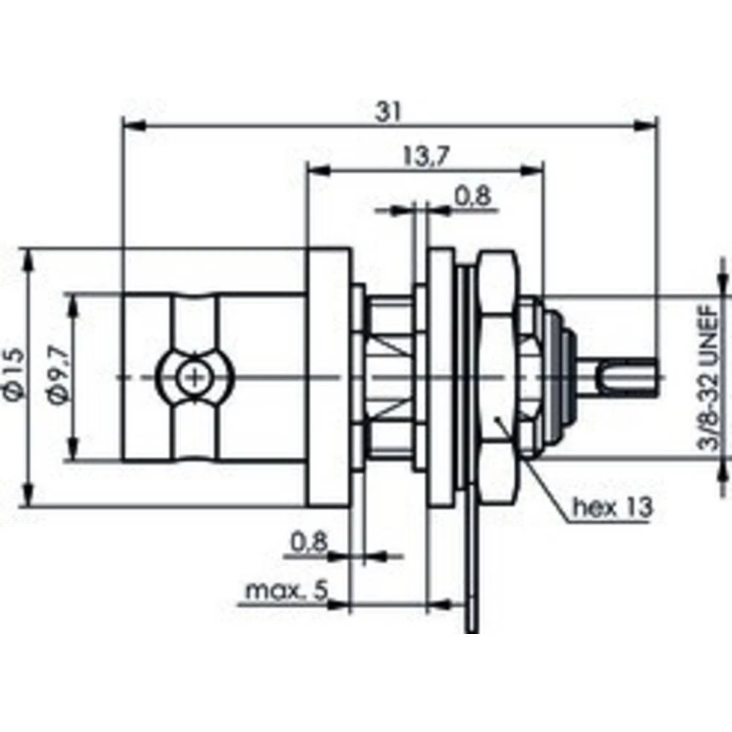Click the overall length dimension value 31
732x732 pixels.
[x=389, y=111]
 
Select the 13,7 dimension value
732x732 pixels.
[x=425, y=155]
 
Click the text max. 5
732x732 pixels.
[x=285, y=590]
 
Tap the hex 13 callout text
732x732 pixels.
[x=611, y=507]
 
